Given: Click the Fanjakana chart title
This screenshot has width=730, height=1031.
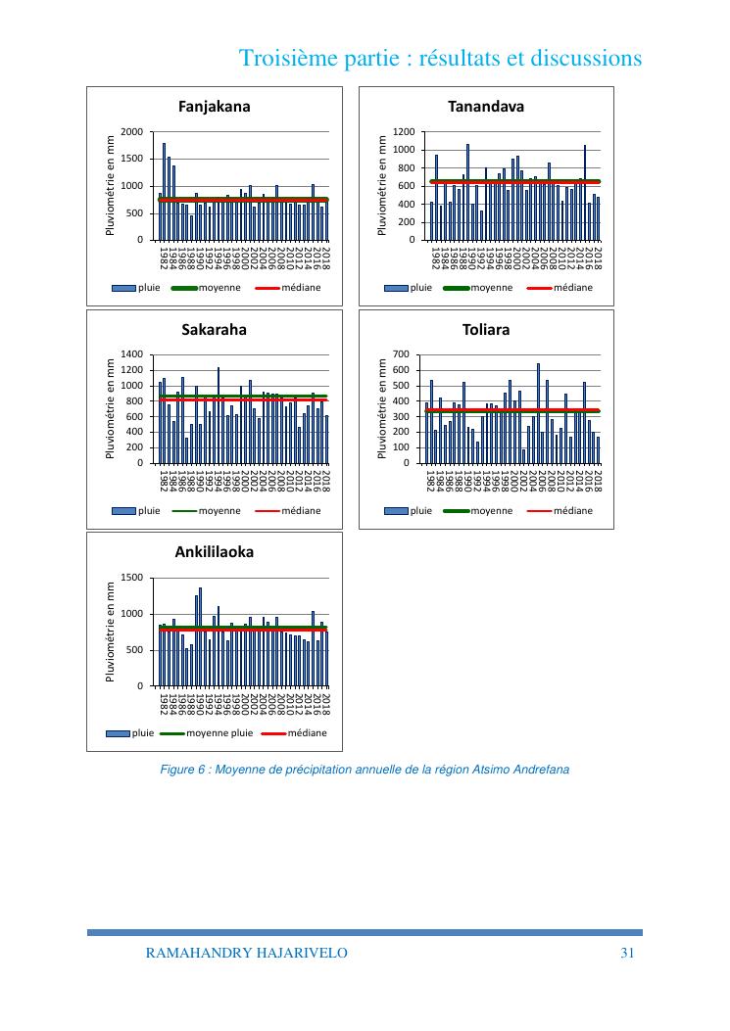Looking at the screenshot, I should [x=213, y=106].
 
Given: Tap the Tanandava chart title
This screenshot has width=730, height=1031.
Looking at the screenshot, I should [x=486, y=106].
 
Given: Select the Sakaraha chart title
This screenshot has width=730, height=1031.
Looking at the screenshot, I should [x=214, y=330].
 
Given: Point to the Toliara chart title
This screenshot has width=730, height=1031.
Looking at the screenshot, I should [x=486, y=330].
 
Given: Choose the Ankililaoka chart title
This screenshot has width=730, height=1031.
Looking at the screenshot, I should [x=214, y=552].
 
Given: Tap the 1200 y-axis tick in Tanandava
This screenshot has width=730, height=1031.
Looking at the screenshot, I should [x=404, y=132].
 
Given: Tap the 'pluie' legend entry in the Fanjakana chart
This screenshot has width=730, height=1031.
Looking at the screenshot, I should [x=149, y=288].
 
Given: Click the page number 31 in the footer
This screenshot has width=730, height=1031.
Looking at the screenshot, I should [x=629, y=953].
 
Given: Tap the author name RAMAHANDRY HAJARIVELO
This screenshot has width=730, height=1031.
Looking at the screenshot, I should [x=246, y=953].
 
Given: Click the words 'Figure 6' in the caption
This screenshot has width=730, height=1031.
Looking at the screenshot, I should [x=183, y=770].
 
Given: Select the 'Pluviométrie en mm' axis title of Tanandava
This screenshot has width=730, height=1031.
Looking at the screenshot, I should [x=383, y=185].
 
